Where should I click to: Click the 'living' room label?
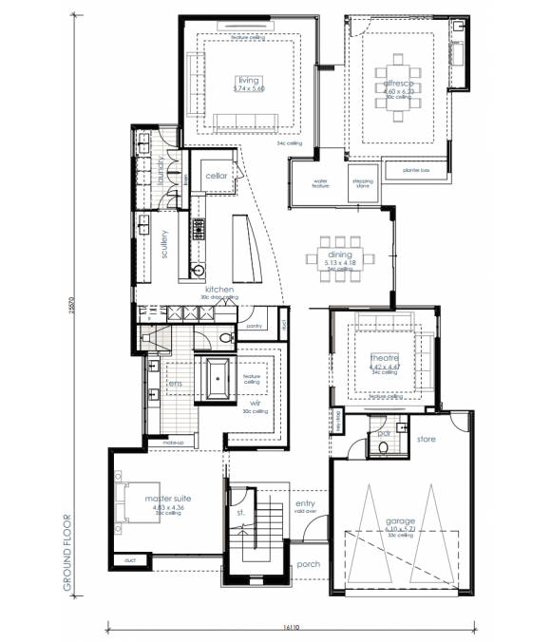pos(248,80)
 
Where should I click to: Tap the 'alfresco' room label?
pos(397,85)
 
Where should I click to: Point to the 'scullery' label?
pos(164,244)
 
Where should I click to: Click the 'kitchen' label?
pos(218,290)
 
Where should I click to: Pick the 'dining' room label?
pos(340,255)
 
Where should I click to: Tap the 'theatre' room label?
pos(385,357)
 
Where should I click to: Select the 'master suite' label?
pos(167,498)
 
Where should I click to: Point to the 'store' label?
pos(426,439)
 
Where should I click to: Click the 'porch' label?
pos(308,564)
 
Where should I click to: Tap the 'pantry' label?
pos(253,326)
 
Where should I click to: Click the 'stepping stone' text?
pos(362,182)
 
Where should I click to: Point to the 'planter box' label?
pos(416,170)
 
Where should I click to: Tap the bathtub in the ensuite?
pos(218,379)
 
